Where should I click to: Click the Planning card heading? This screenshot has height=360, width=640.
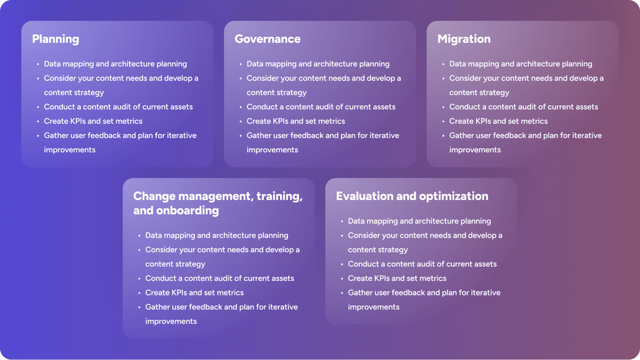tap(56, 39)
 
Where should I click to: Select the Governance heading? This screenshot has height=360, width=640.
tap(267, 39)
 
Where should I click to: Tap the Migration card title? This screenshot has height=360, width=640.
tap(464, 39)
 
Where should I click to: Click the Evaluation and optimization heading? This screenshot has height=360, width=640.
tap(412, 197)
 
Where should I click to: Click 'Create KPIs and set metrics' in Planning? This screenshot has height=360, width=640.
tap(93, 121)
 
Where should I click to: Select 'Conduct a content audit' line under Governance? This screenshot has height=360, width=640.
tap(321, 107)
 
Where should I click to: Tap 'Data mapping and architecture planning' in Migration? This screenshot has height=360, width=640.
tap(520, 64)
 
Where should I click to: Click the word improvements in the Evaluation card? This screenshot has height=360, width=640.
tap(373, 307)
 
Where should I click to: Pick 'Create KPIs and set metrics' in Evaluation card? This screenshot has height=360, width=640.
tap(397, 279)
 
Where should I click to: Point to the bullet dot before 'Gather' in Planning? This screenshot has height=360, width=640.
tap(38, 136)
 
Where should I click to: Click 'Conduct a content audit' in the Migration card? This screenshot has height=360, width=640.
tap(524, 107)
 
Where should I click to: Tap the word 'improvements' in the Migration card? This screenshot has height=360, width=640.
tap(475, 150)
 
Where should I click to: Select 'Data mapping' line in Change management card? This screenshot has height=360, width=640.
tap(216, 235)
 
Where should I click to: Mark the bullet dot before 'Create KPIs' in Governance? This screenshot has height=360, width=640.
tap(241, 122)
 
